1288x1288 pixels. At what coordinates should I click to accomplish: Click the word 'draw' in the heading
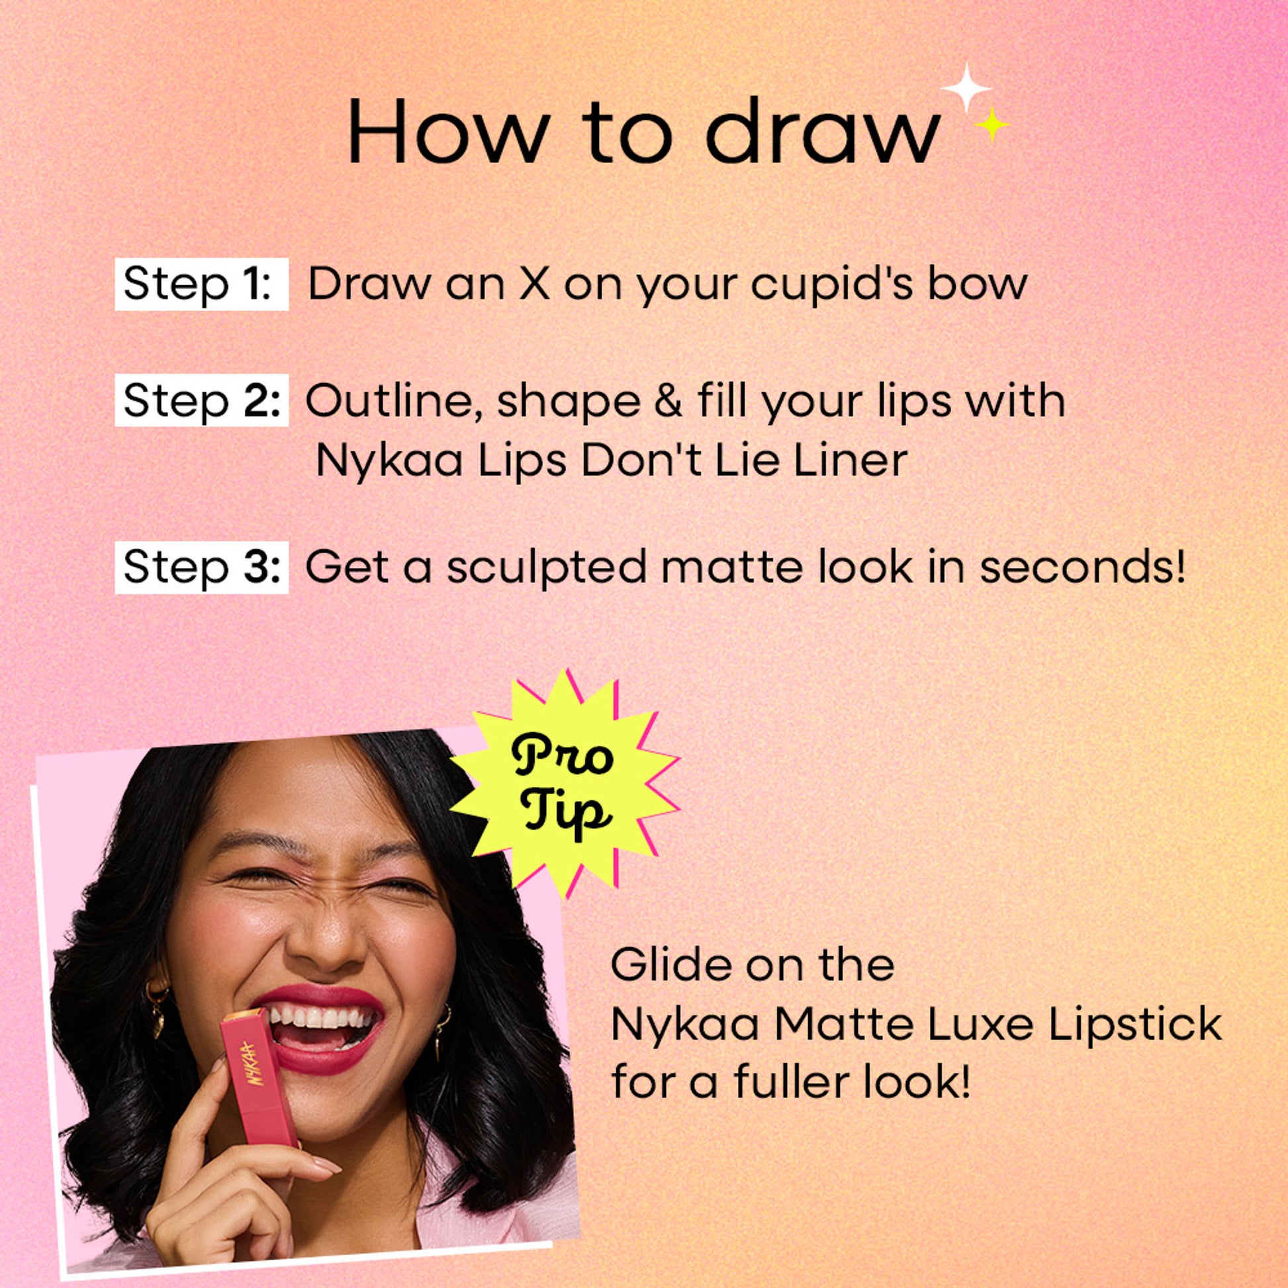pos(821,130)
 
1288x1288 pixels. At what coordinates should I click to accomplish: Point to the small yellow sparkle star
pos(991,124)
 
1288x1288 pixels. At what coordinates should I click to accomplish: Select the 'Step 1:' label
pos(201,285)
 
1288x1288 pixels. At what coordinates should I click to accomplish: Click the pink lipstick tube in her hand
pos(258,1074)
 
